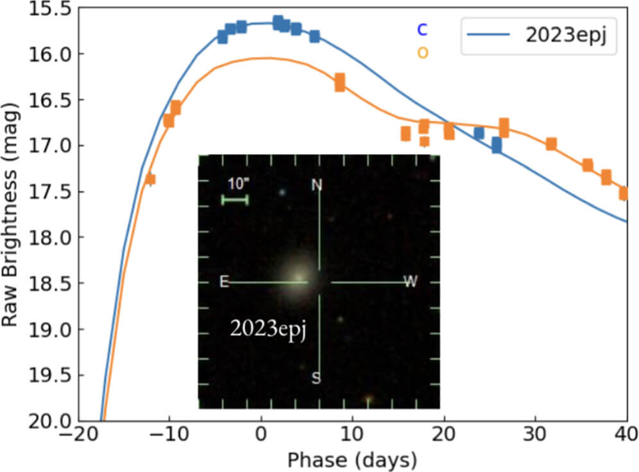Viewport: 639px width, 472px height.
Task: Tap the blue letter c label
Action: tap(422, 29)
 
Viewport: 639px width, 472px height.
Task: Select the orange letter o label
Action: tap(422, 52)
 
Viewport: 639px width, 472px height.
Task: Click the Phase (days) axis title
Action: tap(352, 460)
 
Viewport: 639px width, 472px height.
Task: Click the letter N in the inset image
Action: tap(316, 186)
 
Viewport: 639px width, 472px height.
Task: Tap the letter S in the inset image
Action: tap(316, 378)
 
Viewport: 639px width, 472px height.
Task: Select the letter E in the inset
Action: tap(224, 282)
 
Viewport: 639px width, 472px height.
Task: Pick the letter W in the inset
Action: tap(410, 282)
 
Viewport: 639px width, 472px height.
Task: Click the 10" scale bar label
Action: tap(238, 184)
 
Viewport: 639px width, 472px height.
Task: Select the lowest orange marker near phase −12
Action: tap(150, 179)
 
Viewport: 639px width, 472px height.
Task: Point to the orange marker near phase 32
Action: tap(551, 144)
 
